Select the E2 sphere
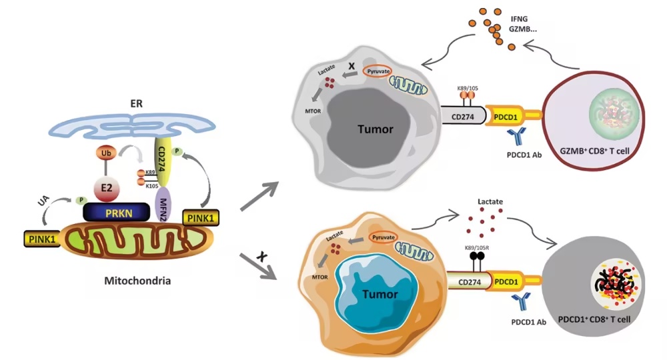pos(106,187)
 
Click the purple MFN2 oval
pos(163,204)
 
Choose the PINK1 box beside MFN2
pos(200,218)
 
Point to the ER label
pos(137,104)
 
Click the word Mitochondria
pos(137,281)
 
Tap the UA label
pos(43,201)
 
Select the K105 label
pos(152,186)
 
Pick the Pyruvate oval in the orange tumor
pos(384,237)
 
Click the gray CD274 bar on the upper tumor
pos(463,115)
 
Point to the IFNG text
pos(518,19)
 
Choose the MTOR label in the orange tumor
pos(319,277)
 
